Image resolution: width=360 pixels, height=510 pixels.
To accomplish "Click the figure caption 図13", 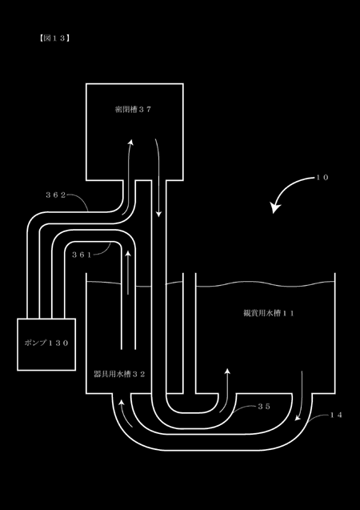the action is pyautogui.click(x=54, y=38).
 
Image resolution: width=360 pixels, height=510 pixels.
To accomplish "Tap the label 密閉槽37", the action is pyautogui.click(x=134, y=110).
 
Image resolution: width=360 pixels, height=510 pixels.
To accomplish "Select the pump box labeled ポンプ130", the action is pyautogui.click(x=46, y=344).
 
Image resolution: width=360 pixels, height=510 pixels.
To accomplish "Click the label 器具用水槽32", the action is pyautogui.click(x=119, y=374).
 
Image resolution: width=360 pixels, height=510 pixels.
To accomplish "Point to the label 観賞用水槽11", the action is pyautogui.click(x=269, y=313).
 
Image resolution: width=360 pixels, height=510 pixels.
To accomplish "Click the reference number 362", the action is pyautogui.click(x=55, y=195).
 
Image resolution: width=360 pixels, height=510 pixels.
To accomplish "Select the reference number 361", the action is pyautogui.click(x=82, y=255).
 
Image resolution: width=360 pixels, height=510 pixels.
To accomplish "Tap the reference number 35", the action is pyautogui.click(x=264, y=407).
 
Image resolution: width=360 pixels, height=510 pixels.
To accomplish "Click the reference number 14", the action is pyautogui.click(x=336, y=415).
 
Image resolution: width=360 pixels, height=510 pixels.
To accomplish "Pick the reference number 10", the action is pyautogui.click(x=322, y=178).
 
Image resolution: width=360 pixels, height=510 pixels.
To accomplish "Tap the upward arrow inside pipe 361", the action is pyautogui.click(x=128, y=272).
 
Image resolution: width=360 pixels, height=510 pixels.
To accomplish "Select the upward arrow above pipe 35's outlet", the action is pyautogui.click(x=226, y=391).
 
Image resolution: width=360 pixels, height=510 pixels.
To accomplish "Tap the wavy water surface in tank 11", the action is pyautogui.click(x=265, y=284).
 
